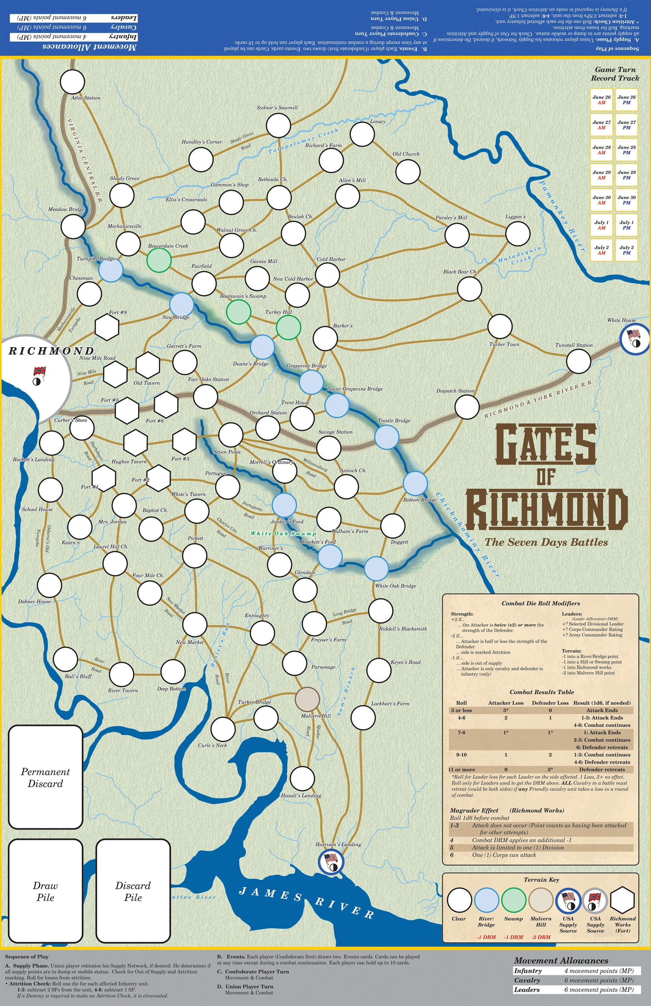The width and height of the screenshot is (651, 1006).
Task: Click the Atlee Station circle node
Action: (72, 82)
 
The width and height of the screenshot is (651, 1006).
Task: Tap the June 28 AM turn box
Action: (601, 150)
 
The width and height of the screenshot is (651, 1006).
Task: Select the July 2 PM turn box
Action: (626, 250)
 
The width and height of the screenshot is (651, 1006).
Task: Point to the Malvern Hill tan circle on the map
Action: (307, 699)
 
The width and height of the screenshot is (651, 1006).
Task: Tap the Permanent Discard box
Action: (45, 777)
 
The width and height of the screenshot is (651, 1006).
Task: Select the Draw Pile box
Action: (45, 891)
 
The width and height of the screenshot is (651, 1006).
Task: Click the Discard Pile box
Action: (133, 891)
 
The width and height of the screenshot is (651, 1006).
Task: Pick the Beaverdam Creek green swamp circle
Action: (159, 260)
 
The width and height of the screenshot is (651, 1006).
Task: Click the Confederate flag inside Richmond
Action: (39, 372)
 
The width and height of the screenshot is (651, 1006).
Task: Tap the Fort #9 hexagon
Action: (107, 327)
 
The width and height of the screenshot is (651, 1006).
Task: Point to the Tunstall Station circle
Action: (578, 361)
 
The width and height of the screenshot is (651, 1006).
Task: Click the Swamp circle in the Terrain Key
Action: (513, 900)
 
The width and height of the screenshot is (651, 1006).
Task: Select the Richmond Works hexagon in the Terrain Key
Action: (622, 900)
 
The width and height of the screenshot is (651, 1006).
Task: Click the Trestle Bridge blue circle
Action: (386, 437)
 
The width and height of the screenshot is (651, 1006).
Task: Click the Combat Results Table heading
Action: (541, 692)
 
